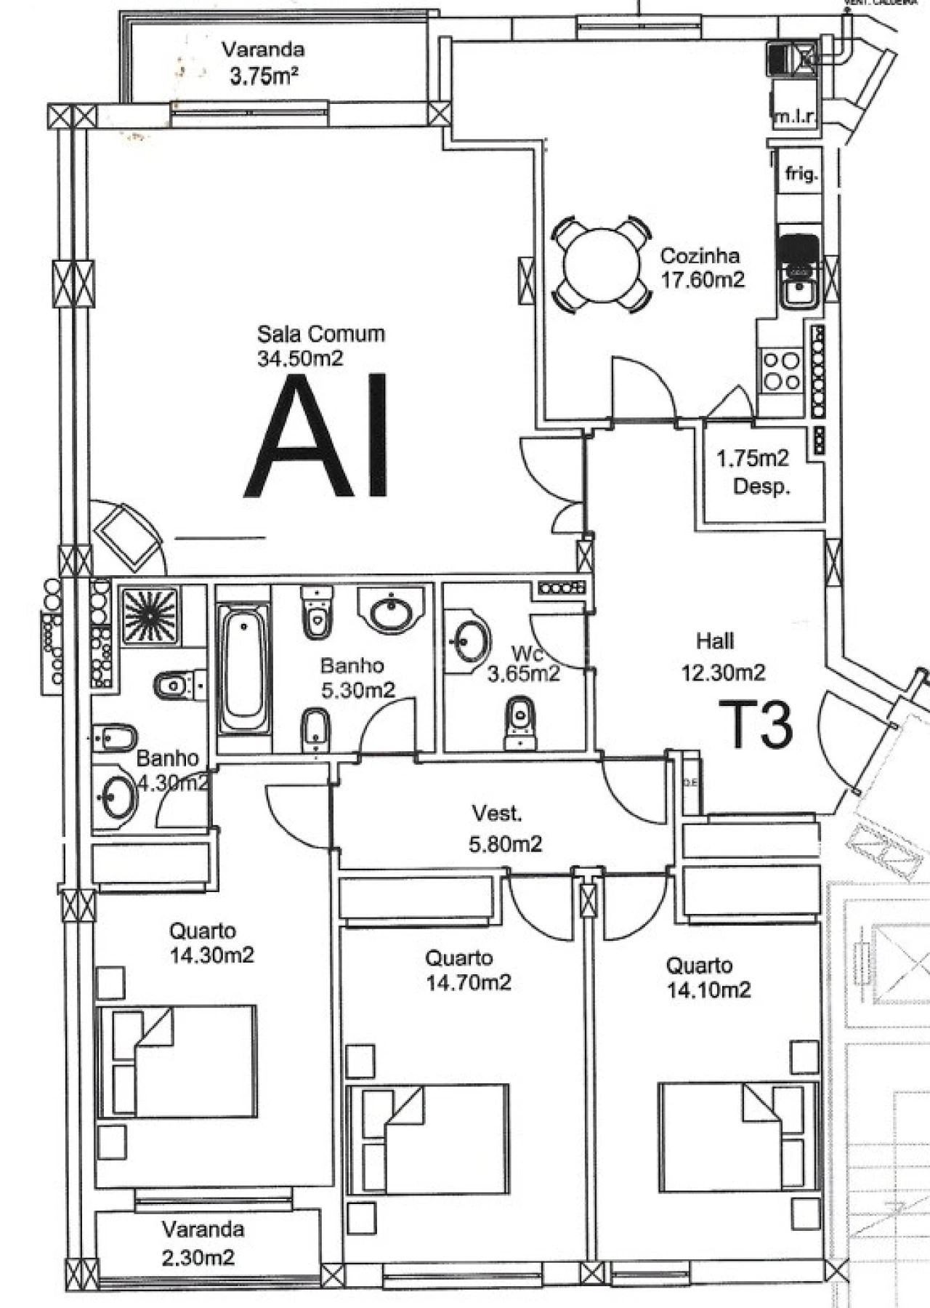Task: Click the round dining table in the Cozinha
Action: point(601,265)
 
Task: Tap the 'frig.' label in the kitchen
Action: point(801,174)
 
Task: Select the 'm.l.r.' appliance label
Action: point(795,116)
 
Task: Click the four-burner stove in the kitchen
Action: point(781,371)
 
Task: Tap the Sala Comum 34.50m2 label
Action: point(320,345)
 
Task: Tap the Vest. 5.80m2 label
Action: point(504,828)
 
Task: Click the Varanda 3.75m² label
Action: point(262,63)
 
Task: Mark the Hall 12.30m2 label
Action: point(721,657)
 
